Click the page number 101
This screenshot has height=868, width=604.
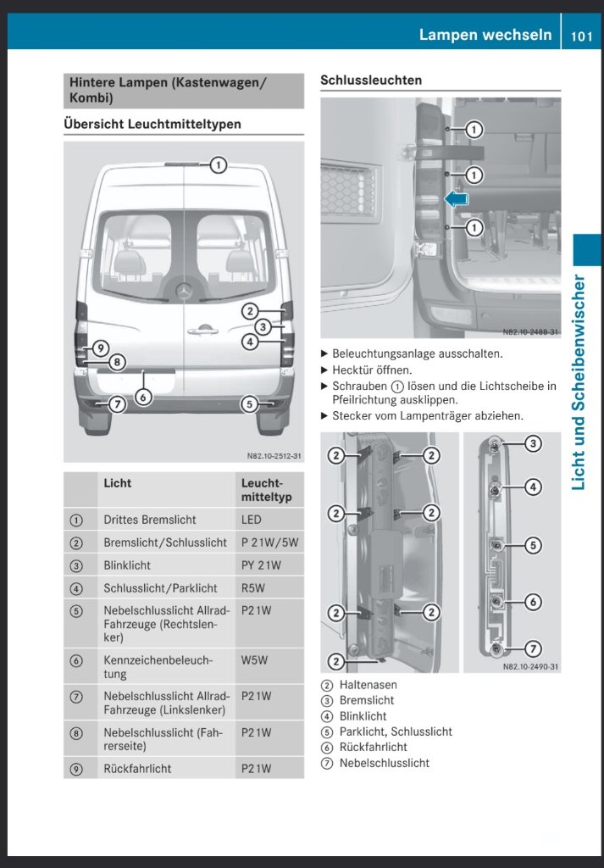[x=582, y=36]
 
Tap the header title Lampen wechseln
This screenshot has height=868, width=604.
[x=485, y=35]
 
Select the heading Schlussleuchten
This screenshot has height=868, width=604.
[x=371, y=80]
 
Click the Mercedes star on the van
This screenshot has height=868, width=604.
[x=183, y=291]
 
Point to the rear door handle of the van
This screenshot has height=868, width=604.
[x=202, y=331]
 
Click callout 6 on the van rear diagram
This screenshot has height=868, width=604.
[x=143, y=397]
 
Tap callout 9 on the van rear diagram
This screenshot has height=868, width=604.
[x=100, y=348]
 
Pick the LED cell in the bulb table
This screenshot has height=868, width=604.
[x=251, y=520]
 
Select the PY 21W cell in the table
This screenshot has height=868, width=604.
[x=261, y=565]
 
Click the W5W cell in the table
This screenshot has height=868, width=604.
[x=253, y=659]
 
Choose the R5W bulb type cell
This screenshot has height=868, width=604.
[x=253, y=588]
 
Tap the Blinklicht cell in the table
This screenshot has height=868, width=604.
[x=127, y=565]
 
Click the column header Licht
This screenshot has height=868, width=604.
[x=117, y=483]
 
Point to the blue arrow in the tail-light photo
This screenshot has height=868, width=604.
[x=457, y=198]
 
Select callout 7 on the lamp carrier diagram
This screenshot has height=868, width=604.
[x=533, y=648]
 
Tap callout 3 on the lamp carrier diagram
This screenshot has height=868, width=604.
[x=533, y=442]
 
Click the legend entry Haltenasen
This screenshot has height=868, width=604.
[x=368, y=684]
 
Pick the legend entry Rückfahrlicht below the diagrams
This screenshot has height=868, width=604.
[x=374, y=747]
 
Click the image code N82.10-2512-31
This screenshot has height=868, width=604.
[x=274, y=456]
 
